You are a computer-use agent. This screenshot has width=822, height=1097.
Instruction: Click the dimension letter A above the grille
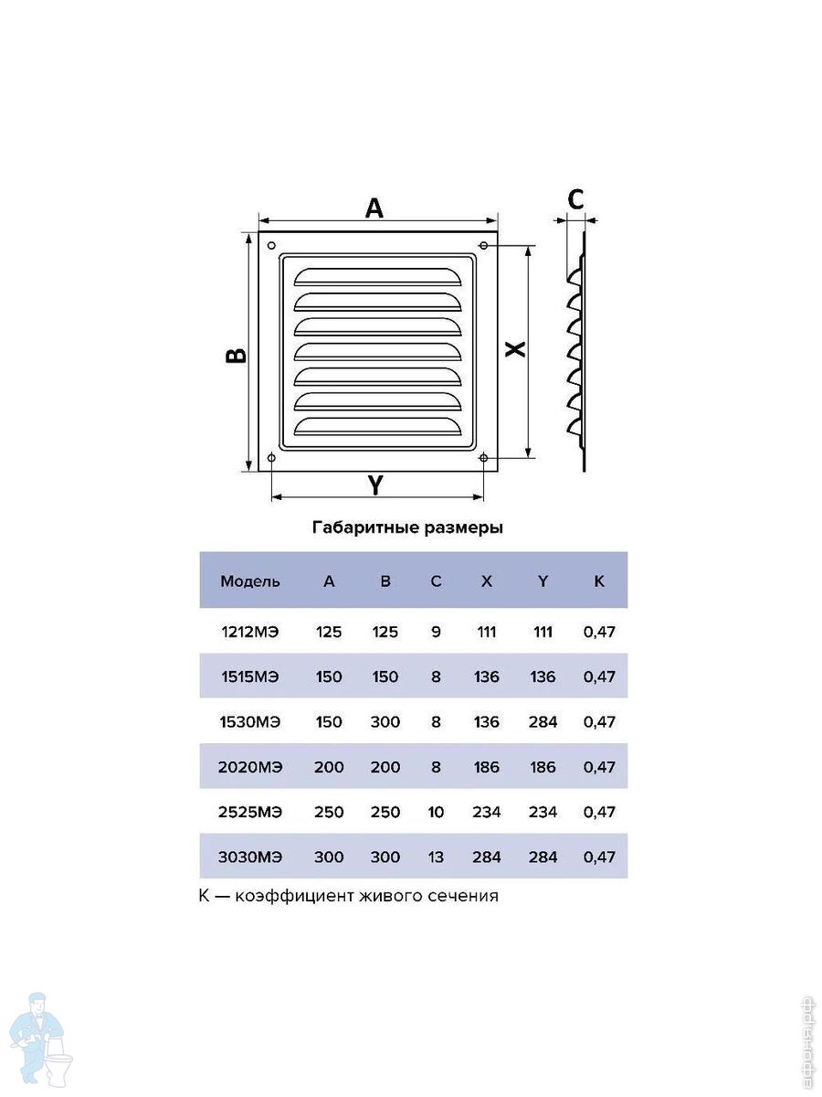(374, 208)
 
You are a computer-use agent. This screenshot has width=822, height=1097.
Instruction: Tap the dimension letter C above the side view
(575, 198)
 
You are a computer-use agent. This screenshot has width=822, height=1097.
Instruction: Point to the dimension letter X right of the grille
(515, 349)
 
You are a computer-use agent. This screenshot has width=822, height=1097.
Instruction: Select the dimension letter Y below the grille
(375, 485)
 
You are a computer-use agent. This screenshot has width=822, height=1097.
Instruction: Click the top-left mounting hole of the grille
(272, 245)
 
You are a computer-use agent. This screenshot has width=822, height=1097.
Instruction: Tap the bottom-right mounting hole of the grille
(483, 457)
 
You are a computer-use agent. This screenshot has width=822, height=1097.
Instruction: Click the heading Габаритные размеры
(408, 528)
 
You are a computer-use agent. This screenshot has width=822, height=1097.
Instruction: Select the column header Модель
(250, 581)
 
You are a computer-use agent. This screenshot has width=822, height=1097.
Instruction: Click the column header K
(599, 581)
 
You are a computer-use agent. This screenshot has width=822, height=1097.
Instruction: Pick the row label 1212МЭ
(250, 632)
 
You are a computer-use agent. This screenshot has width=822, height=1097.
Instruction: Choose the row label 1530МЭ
(250, 722)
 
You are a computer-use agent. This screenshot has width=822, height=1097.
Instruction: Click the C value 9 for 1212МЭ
(436, 632)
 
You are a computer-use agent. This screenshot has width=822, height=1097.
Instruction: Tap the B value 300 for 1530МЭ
(385, 722)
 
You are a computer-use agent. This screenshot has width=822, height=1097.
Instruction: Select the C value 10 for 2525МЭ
(436, 812)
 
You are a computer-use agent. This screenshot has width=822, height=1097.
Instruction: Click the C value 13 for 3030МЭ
(436, 857)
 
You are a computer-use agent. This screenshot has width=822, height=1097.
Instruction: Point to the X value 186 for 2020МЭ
(487, 767)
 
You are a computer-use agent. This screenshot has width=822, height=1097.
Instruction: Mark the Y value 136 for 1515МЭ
(543, 677)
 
